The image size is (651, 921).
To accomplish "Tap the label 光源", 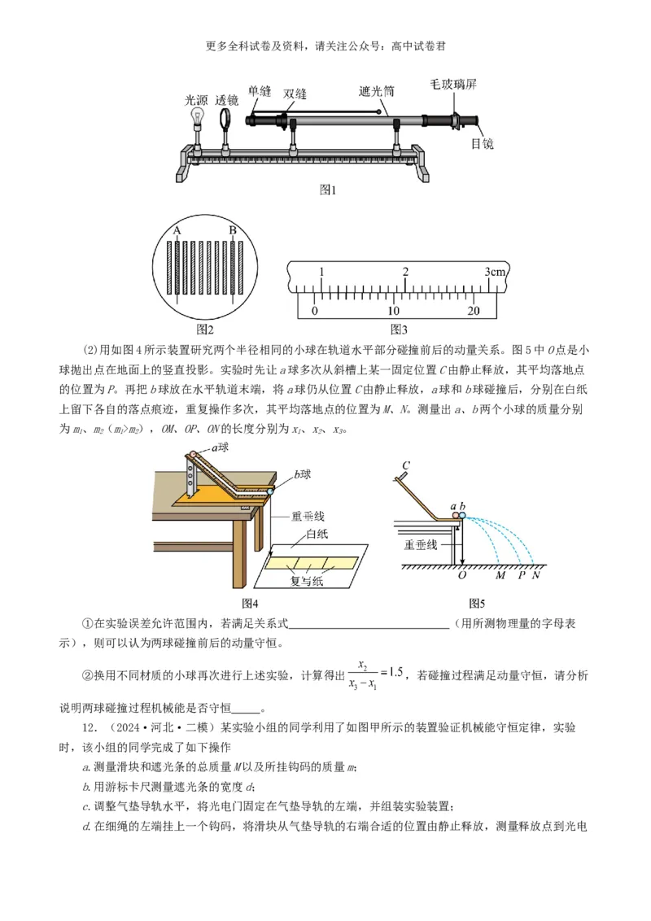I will point(196,100).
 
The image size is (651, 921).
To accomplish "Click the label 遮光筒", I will point(377,91).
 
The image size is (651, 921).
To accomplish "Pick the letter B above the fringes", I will point(233,230).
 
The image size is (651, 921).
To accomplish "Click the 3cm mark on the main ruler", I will point(495,272).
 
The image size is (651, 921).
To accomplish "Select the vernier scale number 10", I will point(393,311).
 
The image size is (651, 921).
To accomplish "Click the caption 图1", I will point(327,190).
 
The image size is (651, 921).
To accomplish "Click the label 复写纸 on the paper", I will point(306,582).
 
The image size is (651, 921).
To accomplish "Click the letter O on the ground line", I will point(462,575).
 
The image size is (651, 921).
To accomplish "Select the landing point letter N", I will point(535,575).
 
